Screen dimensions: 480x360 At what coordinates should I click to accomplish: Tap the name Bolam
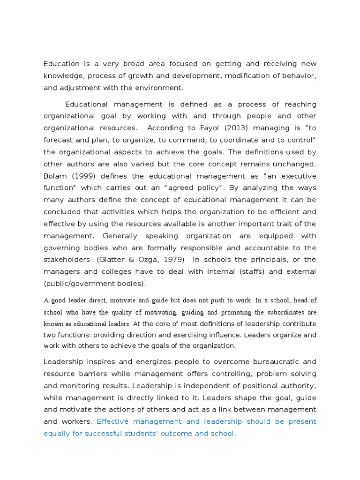point(56,176)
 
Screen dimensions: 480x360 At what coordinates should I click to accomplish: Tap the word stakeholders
point(67,260)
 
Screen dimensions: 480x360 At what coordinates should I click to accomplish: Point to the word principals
point(268,260)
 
